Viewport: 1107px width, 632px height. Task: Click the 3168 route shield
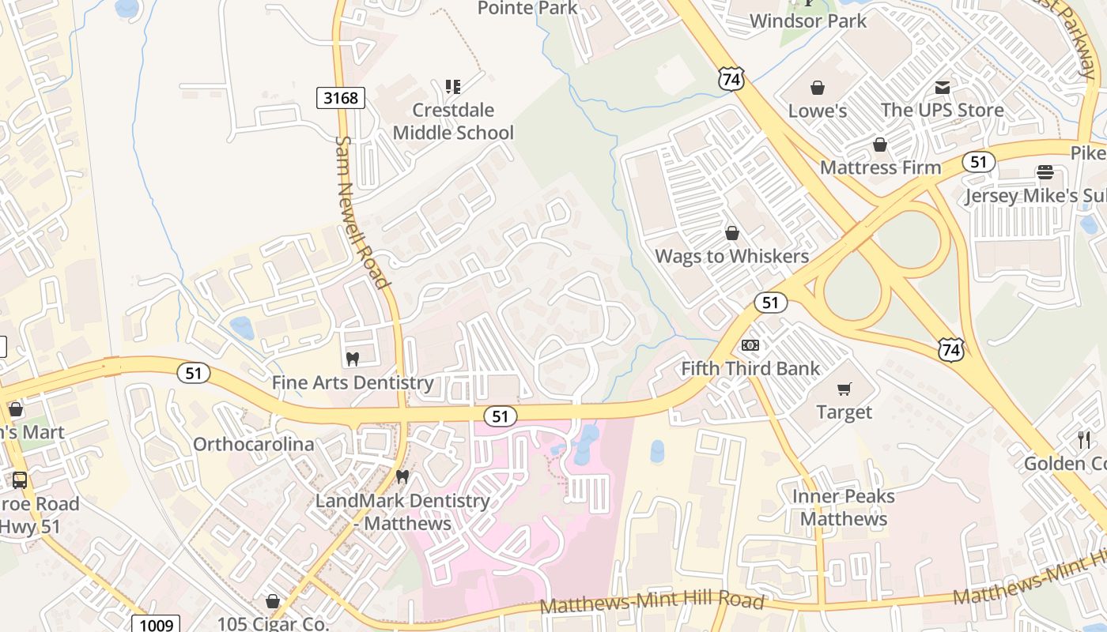point(341,98)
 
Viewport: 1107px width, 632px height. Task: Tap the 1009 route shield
point(156,625)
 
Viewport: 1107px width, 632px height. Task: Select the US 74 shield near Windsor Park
point(731,77)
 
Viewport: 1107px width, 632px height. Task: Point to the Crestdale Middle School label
point(453,121)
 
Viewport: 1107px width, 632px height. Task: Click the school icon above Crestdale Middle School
point(452,86)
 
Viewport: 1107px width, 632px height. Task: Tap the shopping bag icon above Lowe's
point(817,87)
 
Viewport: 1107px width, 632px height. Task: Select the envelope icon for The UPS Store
point(943,87)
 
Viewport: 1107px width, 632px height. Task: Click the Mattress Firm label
point(880,167)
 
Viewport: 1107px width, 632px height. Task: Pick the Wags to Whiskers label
point(731,256)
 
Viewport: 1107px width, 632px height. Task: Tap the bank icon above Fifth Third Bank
point(750,345)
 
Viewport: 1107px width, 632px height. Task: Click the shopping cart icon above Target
point(844,389)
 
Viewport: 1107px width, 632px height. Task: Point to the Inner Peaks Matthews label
point(844,507)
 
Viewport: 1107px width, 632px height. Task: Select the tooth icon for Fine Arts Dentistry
point(353,359)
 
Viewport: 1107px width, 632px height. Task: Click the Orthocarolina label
point(254,444)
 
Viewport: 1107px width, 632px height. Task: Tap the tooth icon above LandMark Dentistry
point(402,477)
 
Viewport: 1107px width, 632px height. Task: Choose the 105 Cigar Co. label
point(273,623)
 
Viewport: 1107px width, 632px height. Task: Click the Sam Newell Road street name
point(362,212)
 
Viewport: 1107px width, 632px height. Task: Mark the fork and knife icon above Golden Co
point(1084,439)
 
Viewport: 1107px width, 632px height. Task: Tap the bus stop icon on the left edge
point(19,480)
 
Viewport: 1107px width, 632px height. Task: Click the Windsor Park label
point(808,21)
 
